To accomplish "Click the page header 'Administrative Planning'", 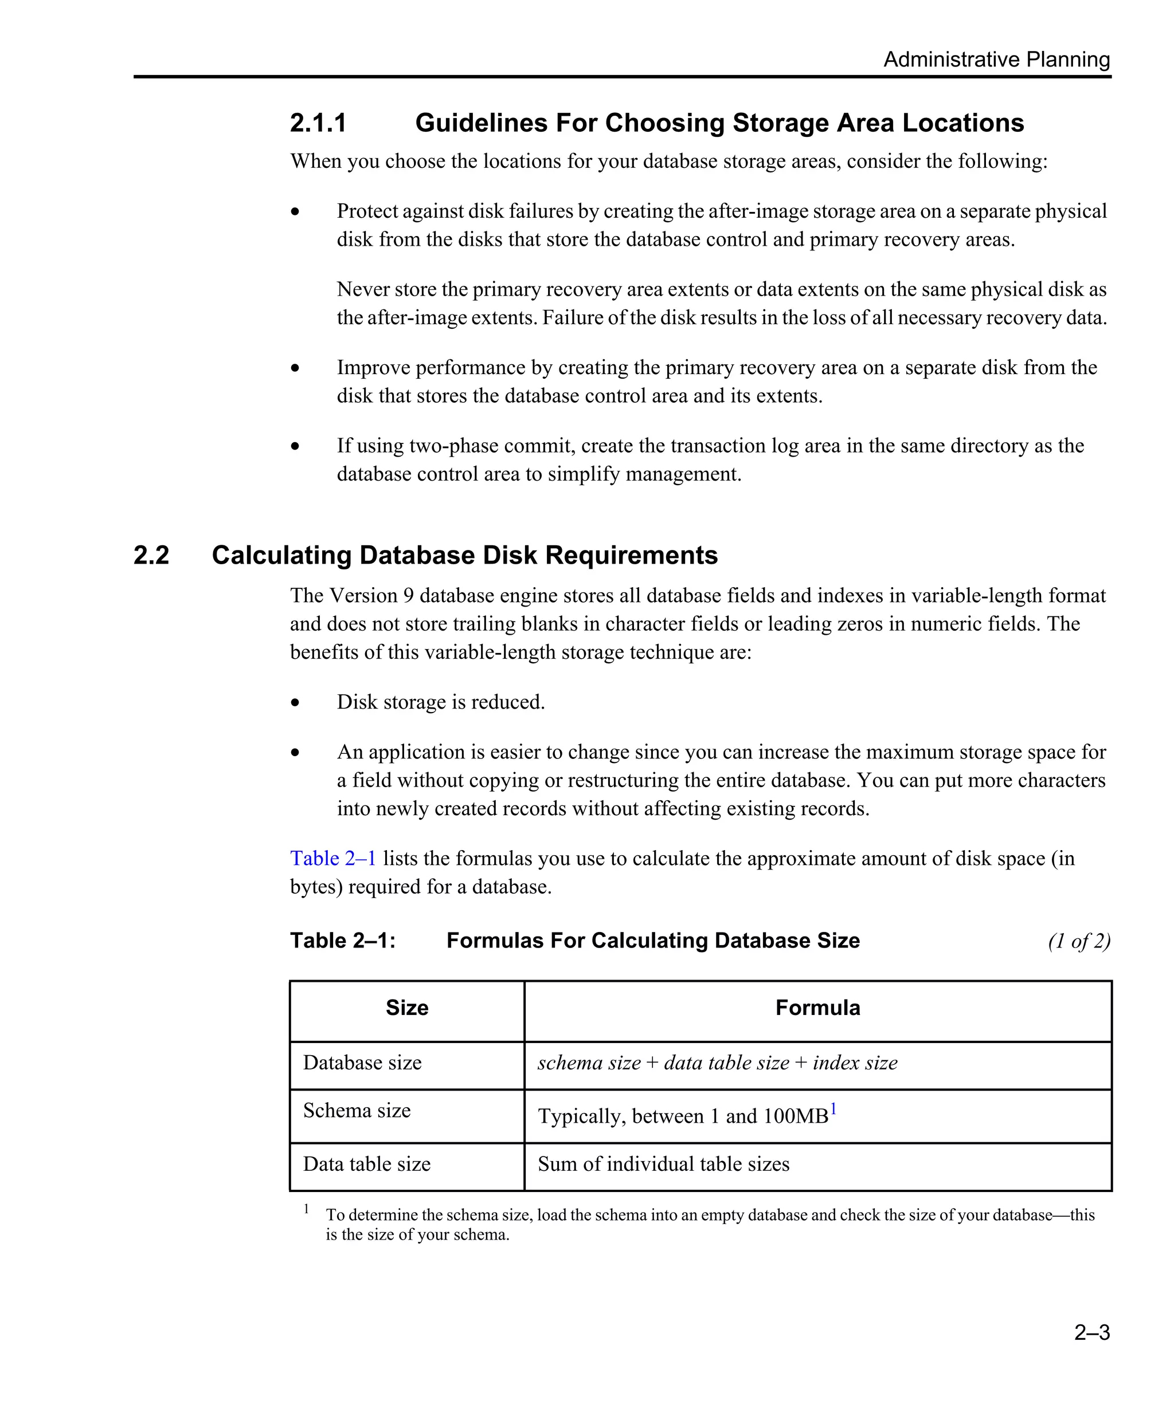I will point(996,59).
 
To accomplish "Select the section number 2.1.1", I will point(318,123).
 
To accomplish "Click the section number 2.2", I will point(151,555).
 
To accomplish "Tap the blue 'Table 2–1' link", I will point(332,858).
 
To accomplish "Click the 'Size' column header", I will point(406,1008).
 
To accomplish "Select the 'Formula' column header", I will point(817,1008).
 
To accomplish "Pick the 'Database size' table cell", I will point(362,1063).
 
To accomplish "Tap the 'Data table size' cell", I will point(366,1164).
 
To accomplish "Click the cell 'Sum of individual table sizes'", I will point(663,1164).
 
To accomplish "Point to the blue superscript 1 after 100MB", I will point(833,1109).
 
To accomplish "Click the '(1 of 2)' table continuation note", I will point(1079,941).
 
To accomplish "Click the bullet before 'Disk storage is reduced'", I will point(295,703).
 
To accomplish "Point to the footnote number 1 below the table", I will point(307,1209).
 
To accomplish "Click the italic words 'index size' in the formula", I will point(855,1063).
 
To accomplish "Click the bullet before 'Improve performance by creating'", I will point(295,368).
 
